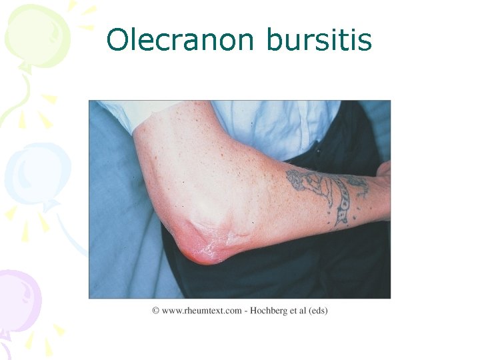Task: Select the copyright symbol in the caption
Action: tap(155, 310)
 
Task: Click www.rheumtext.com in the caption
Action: tap(201, 310)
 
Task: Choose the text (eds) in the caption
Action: tap(317, 310)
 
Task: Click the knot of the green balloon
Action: tap(25, 67)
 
